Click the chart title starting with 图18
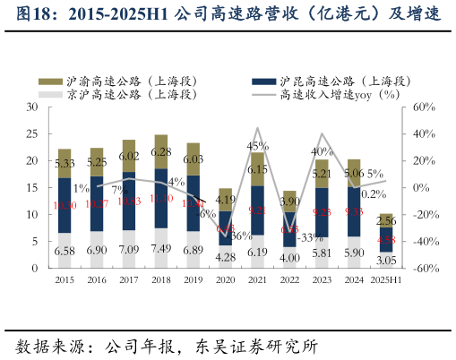[x=228, y=16]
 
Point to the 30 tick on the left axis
[x=30, y=107]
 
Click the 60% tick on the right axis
[x=424, y=107]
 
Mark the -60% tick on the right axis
[x=424, y=269]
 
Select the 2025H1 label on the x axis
[x=386, y=280]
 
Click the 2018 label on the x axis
[x=161, y=280]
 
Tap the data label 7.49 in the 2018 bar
[x=161, y=249]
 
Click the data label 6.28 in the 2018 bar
[x=161, y=152]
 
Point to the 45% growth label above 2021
[x=258, y=146]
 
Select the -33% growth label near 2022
[x=311, y=238]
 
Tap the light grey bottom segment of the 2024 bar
[x=354, y=253]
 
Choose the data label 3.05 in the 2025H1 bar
[x=386, y=260]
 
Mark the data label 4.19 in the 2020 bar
[x=226, y=201]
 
